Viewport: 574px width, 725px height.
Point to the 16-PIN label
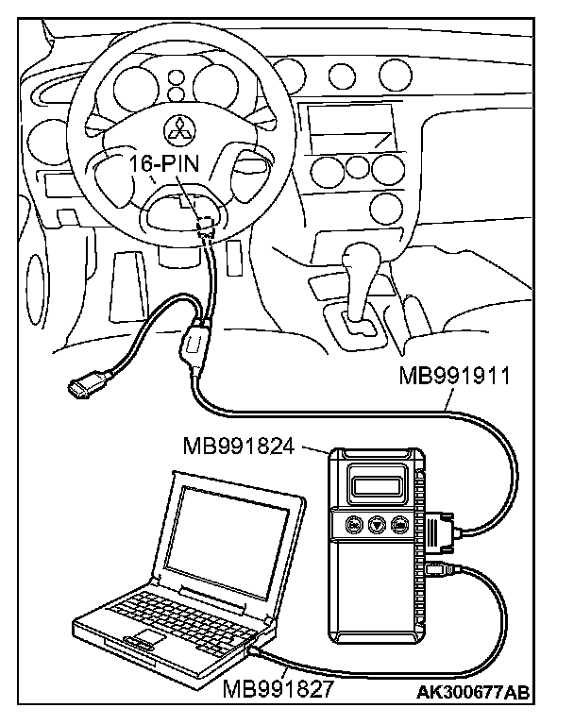click(x=166, y=162)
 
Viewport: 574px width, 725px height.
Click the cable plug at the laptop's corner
click(x=256, y=650)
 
